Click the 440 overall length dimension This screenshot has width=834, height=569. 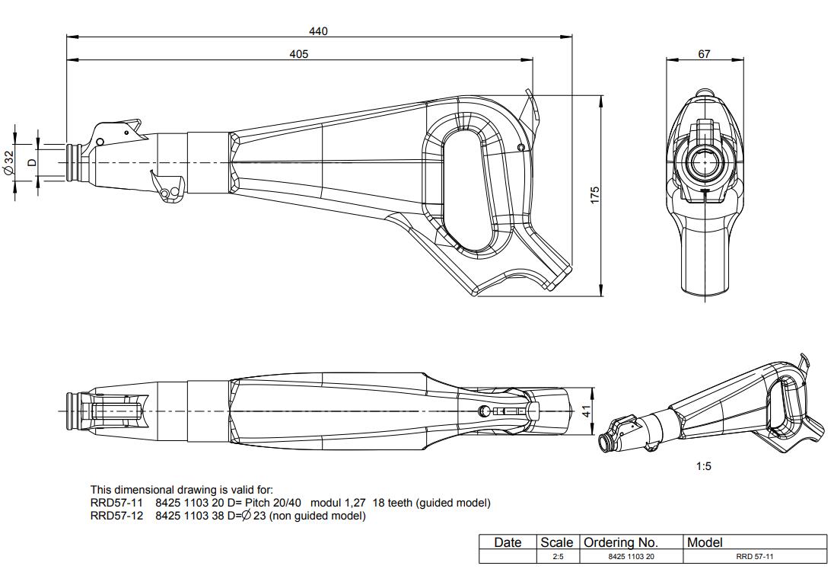[318, 31]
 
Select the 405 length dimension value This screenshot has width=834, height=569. [299, 54]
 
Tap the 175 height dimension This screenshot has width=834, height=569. [595, 195]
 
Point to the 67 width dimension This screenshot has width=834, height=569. [704, 54]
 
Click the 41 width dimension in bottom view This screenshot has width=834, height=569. [586, 411]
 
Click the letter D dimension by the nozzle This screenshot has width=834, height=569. [32, 162]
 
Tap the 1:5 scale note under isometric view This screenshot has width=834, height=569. [704, 466]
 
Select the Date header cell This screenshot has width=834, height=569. [508, 542]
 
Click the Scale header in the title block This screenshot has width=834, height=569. [556, 542]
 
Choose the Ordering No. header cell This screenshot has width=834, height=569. [620, 542]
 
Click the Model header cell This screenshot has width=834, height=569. [704, 542]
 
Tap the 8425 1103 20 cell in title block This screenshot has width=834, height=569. [631, 557]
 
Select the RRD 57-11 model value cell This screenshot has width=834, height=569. [755, 557]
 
